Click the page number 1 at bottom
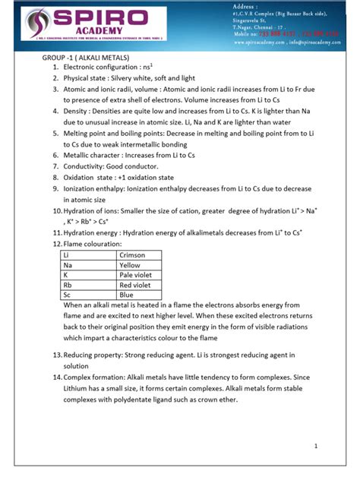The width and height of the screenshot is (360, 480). pyautogui.click(x=314, y=447)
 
